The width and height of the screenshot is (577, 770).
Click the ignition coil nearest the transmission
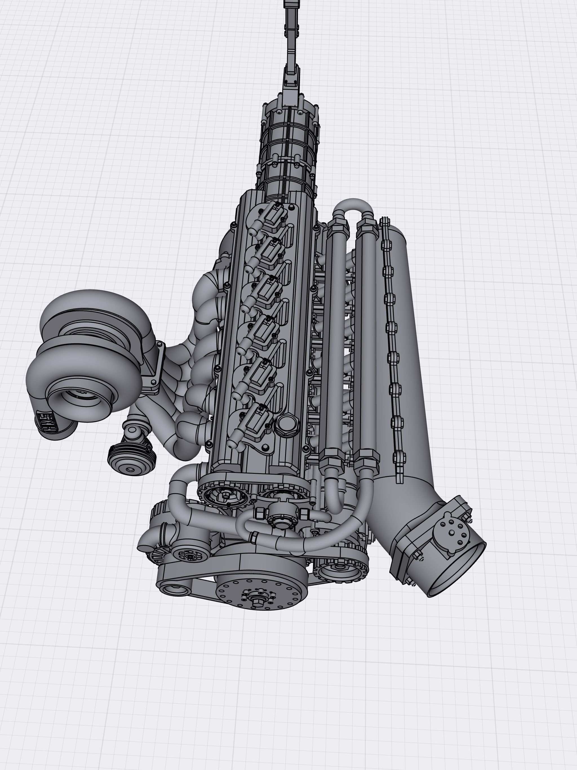click(270, 218)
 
